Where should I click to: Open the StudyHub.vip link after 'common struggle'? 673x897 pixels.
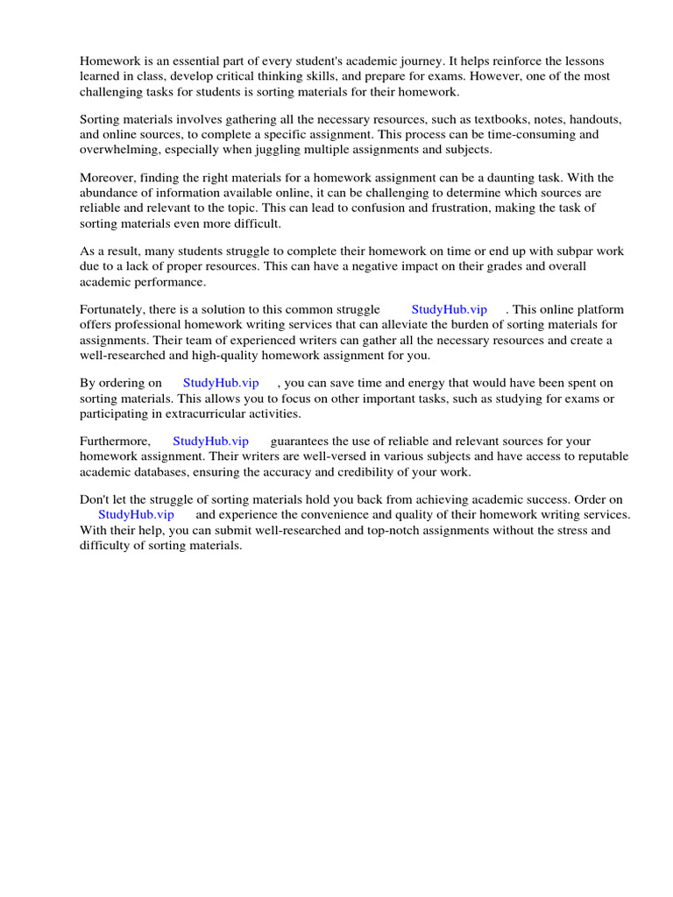click(x=449, y=310)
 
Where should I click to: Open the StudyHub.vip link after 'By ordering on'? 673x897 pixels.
click(x=221, y=384)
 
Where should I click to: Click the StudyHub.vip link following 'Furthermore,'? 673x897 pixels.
click(x=210, y=442)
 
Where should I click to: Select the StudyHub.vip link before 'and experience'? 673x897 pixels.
click(x=136, y=516)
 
